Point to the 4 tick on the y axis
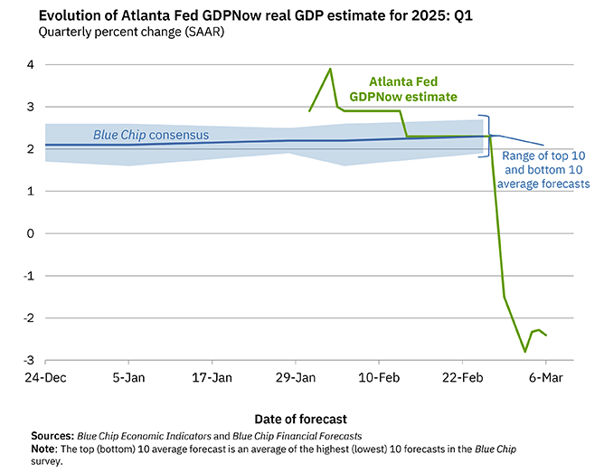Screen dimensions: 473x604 (30, 65)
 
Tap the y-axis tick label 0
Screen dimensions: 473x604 (30, 233)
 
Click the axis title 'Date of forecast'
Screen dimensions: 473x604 (300, 419)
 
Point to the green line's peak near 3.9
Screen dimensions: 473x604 (330, 69)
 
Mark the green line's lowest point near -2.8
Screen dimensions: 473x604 (524, 351)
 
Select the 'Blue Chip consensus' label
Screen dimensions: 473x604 (151, 136)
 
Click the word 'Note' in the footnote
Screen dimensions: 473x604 (44, 449)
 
